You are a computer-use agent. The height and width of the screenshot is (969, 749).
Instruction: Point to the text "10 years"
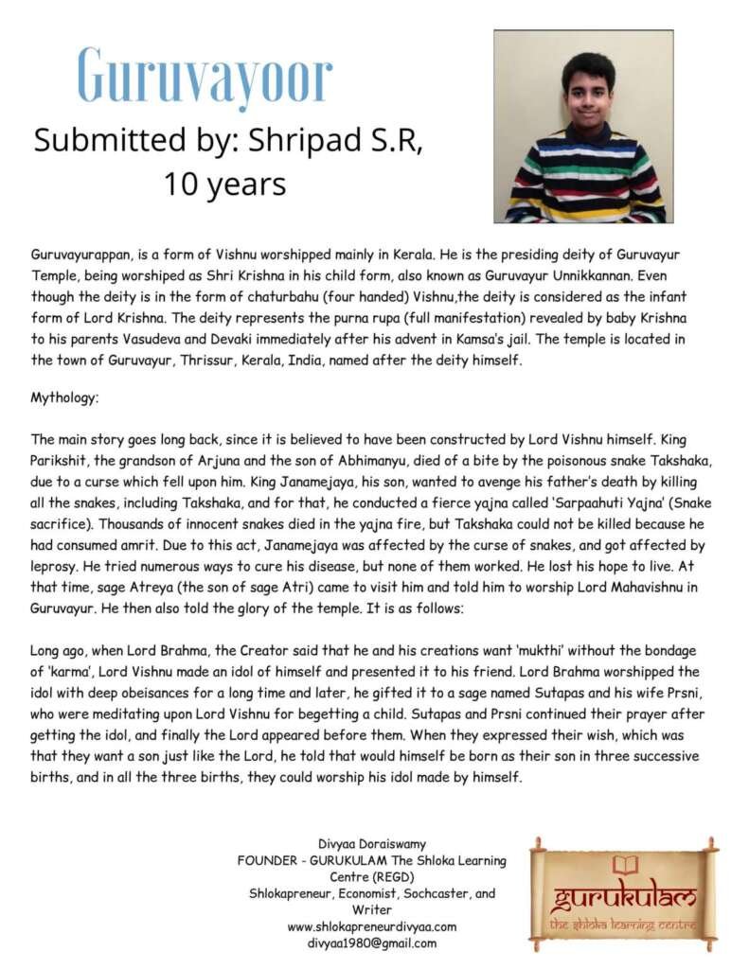tap(224, 183)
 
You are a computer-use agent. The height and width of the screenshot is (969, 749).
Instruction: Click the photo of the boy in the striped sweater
tap(583, 126)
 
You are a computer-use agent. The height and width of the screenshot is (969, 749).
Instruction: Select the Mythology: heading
tap(64, 398)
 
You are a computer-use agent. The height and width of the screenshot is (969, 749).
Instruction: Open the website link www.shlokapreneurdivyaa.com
tap(371, 926)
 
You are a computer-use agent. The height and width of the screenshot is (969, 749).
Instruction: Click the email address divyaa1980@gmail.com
tap(371, 943)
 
